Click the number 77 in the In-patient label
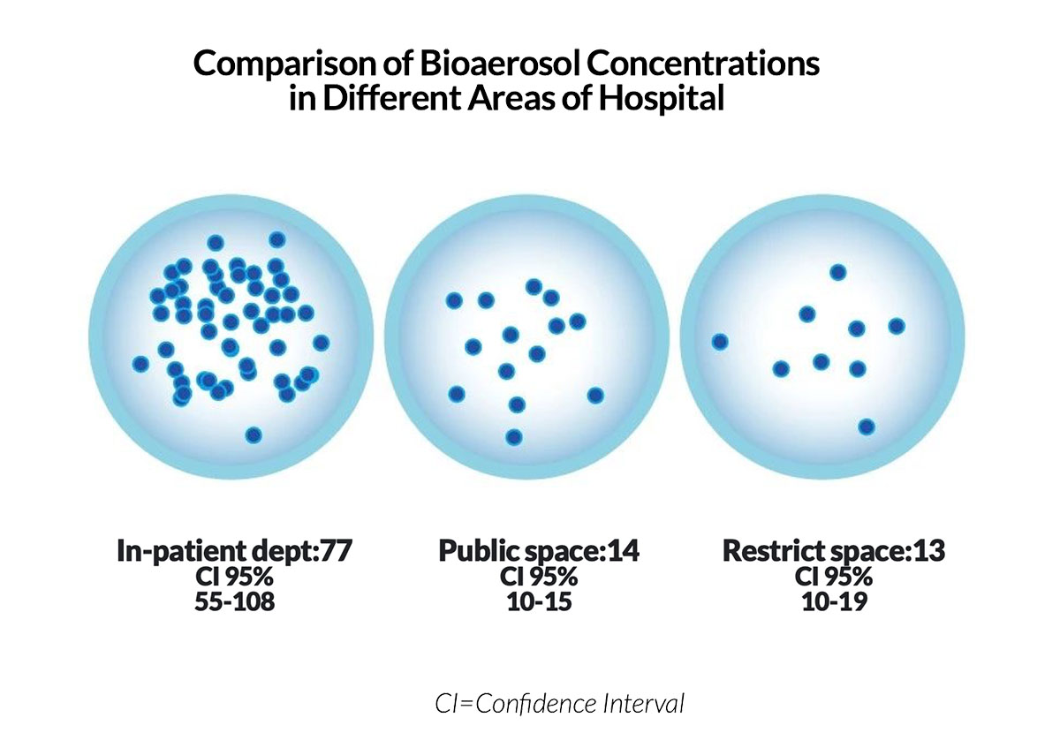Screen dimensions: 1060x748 (x=336, y=550)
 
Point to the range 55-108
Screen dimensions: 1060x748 (x=235, y=601)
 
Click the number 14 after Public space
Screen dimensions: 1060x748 (x=624, y=550)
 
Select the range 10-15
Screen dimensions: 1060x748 (x=539, y=601)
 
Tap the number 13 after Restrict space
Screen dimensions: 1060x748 (x=929, y=550)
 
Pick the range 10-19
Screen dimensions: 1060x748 (x=835, y=601)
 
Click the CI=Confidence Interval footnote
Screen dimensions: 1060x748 (x=559, y=704)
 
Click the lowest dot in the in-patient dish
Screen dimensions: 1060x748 (x=254, y=434)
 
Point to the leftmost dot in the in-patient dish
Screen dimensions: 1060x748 (x=140, y=364)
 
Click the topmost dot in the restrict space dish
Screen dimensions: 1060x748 (x=838, y=273)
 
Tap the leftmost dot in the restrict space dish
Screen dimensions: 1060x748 (x=720, y=342)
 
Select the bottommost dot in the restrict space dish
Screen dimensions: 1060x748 (x=867, y=427)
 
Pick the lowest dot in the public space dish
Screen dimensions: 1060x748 (x=514, y=437)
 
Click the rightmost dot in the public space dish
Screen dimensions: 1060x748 (x=595, y=395)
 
